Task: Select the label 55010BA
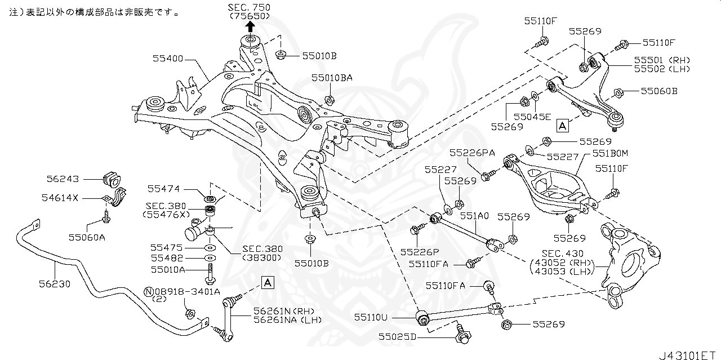[x=332, y=78]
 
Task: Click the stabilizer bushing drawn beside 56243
[x=111, y=178]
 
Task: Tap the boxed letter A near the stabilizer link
[x=268, y=282]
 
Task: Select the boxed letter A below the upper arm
[x=562, y=126]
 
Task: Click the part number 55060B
[x=658, y=91]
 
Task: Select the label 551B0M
[x=610, y=153]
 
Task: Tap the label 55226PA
[x=472, y=153]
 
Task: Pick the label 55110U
[x=371, y=318]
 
